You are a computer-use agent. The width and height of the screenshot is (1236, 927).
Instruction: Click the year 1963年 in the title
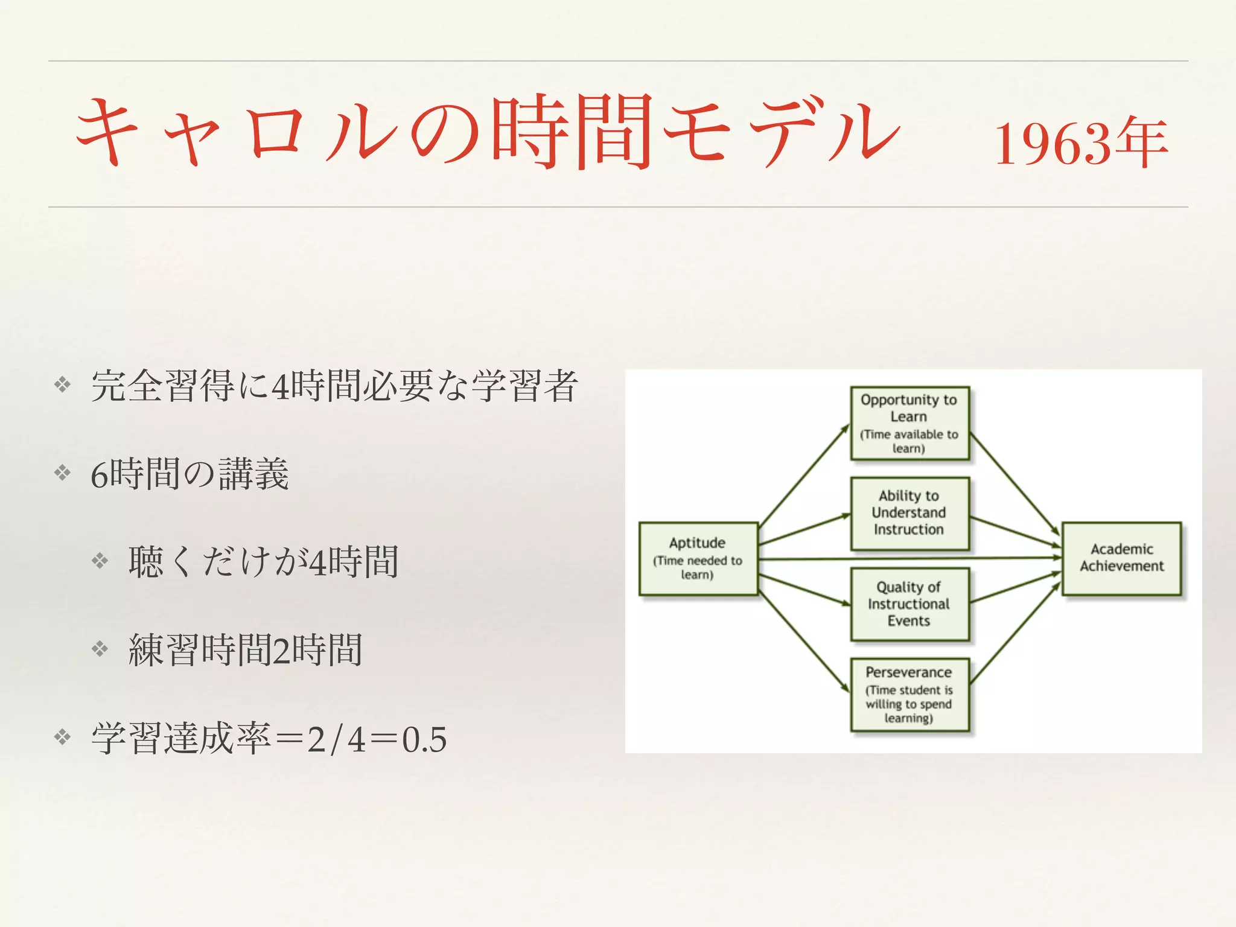pyautogui.click(x=1080, y=144)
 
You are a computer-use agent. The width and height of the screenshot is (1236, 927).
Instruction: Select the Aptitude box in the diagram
pyautogui.click(x=698, y=558)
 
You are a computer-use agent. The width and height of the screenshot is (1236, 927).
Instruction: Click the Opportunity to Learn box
pyautogui.click(x=909, y=423)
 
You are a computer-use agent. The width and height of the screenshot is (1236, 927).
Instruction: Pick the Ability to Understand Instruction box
pyautogui.click(x=909, y=513)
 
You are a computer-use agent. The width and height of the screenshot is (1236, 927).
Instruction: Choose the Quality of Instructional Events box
pyautogui.click(x=909, y=604)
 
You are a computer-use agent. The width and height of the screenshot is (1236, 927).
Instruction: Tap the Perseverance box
pyautogui.click(x=909, y=695)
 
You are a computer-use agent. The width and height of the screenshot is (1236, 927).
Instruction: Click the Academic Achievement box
pyautogui.click(x=1121, y=558)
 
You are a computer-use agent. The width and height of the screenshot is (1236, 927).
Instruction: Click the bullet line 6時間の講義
pyautogui.click(x=190, y=474)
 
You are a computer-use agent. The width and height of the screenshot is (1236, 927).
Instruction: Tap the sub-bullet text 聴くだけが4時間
pyautogui.click(x=263, y=562)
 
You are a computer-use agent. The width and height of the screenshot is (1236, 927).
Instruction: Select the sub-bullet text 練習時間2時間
pyautogui.click(x=245, y=650)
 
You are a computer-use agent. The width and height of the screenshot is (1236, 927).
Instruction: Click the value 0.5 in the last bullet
pyautogui.click(x=424, y=739)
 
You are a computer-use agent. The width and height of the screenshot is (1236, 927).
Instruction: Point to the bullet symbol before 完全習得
pyautogui.click(x=63, y=384)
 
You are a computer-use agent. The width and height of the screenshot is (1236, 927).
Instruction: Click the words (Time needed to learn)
pyautogui.click(x=698, y=567)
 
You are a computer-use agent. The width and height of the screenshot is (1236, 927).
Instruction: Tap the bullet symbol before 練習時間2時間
pyautogui.click(x=100, y=649)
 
